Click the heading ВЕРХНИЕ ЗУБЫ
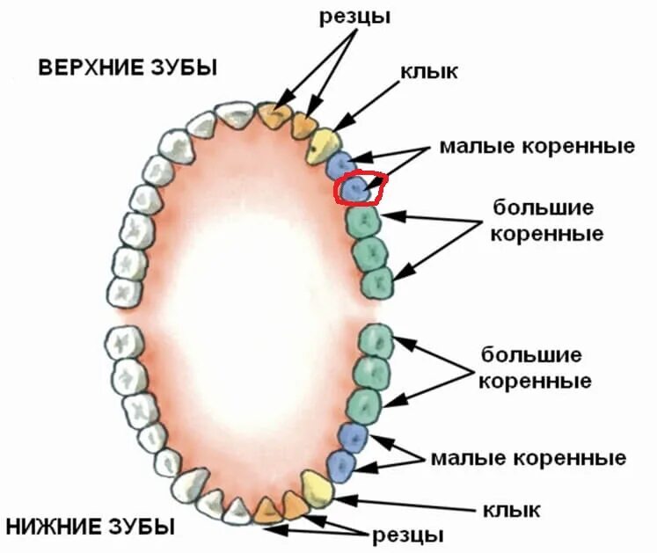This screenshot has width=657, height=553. point(128,69)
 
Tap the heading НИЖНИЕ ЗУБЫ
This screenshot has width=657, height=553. point(90,528)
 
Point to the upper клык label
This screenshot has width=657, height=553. point(429,72)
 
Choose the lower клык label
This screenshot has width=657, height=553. point(511,509)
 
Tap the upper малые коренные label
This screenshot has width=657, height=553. point(537,145)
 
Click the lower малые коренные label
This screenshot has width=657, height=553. point(528,458)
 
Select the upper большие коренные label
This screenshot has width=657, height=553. point(548,222)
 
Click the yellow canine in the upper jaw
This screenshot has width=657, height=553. point(323,144)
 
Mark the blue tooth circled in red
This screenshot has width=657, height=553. point(354,189)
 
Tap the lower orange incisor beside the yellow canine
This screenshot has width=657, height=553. point(295,504)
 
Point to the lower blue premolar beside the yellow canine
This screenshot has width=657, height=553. point(339,465)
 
